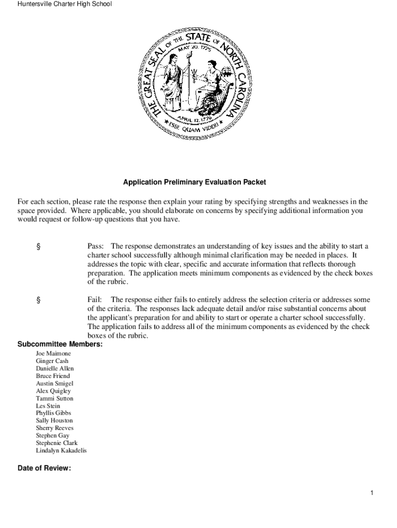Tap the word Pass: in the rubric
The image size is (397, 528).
[x=96, y=246]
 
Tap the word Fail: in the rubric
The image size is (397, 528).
[x=95, y=300]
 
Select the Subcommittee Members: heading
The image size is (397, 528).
[x=60, y=344]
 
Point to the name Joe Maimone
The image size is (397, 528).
[x=54, y=354]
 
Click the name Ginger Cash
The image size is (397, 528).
[x=52, y=361]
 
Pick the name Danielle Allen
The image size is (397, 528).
[x=55, y=369]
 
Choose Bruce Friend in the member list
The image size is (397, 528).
[x=53, y=376]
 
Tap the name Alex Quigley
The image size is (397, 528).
[x=53, y=391]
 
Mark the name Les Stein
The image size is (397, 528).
[x=48, y=406]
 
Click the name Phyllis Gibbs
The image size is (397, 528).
[x=54, y=413]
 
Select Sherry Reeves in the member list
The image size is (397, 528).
[x=55, y=428]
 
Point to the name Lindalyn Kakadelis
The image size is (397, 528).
[x=61, y=451]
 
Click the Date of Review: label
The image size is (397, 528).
[x=44, y=469]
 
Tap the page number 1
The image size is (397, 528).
[x=371, y=493]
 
